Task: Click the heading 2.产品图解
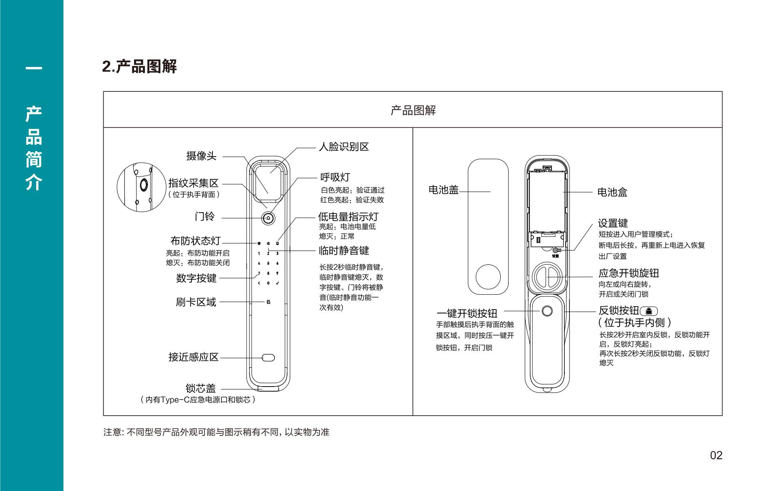pos(140,66)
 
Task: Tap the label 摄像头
pos(201,156)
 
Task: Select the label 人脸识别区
pos(344,147)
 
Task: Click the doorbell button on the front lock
pos(268,218)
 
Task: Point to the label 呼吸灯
pos(335,177)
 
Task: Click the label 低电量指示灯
pos(349,216)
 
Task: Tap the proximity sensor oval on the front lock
pos(268,358)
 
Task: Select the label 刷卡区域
pos(196,302)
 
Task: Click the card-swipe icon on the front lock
pos(268,302)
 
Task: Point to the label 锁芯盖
pos(201,388)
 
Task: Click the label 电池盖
pos(443,190)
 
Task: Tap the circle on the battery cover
pos(488,277)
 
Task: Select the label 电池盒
pos(612,192)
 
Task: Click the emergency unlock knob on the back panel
pos(548,276)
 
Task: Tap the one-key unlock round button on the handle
pos(547,311)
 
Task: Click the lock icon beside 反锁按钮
pos(649,311)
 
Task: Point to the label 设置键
pos(613,223)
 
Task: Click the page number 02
pos(716,455)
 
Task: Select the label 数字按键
pos(196,278)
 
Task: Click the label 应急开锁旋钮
pos(629,273)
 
